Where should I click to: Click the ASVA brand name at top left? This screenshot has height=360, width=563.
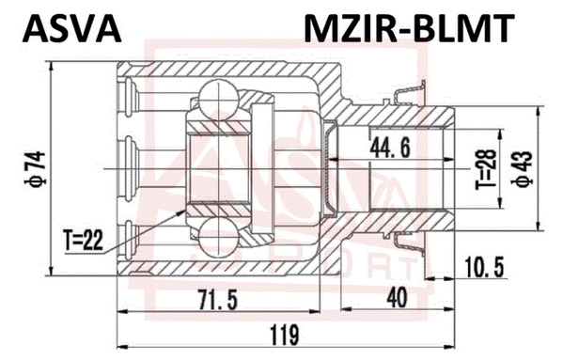71,29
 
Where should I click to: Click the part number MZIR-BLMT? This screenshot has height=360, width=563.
409,28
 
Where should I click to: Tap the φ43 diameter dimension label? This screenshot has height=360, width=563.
523,168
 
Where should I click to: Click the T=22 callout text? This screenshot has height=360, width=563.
83,240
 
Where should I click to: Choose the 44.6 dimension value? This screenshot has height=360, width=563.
390,148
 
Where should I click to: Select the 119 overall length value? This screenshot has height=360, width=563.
285,335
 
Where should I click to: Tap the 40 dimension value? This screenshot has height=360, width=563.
398,299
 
